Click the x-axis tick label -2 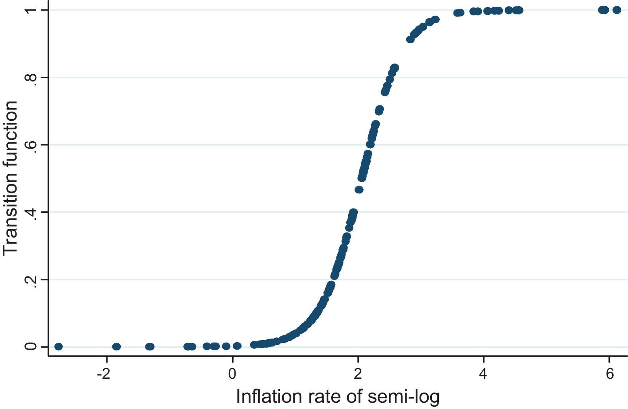104,374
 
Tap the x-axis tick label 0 232,374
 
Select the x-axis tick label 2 358,374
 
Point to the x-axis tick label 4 483,374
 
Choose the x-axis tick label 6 609,374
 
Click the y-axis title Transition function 11,178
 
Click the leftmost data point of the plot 58,346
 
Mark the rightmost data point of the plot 617,10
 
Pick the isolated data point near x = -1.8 116,346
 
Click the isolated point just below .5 359,190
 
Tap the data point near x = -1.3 149,346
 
